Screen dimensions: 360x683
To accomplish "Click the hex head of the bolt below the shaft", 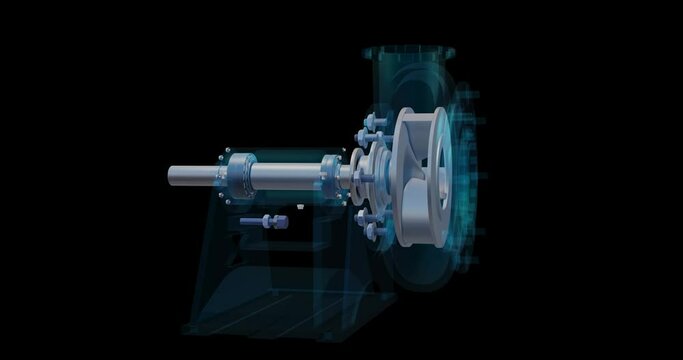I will coord(273,221).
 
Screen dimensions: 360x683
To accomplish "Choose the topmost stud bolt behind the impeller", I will coord(379,125).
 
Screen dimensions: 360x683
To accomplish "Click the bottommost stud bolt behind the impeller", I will coord(375,230).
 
